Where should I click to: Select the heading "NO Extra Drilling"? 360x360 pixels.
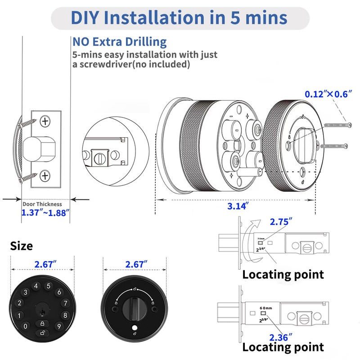point(119,42)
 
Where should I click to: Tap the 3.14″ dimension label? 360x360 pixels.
point(235,207)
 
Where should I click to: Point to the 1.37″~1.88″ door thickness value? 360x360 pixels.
point(45,212)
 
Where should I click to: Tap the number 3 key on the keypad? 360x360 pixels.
point(26,292)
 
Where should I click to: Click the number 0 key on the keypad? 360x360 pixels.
point(26,326)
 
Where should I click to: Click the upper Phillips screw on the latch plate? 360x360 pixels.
point(45,121)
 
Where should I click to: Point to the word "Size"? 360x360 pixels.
point(22,246)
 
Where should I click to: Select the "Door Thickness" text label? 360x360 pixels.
point(45,204)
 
